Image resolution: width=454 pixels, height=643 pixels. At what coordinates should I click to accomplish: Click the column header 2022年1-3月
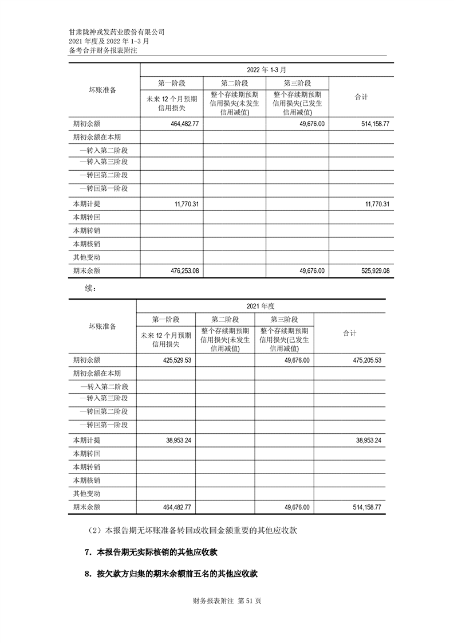[266, 69]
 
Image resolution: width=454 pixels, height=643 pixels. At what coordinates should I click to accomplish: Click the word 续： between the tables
[90, 288]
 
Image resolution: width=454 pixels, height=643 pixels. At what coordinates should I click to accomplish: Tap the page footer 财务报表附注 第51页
[227, 601]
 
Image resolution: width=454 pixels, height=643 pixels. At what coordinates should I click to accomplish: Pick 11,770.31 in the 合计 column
[375, 205]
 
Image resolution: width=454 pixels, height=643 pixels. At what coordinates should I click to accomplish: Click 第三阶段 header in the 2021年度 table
[284, 319]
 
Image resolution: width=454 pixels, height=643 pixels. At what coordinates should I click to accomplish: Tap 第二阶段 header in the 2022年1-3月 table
[234, 83]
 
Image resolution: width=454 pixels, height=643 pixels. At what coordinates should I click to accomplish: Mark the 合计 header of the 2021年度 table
[349, 333]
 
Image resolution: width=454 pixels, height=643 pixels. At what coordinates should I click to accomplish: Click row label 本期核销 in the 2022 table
[87, 244]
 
